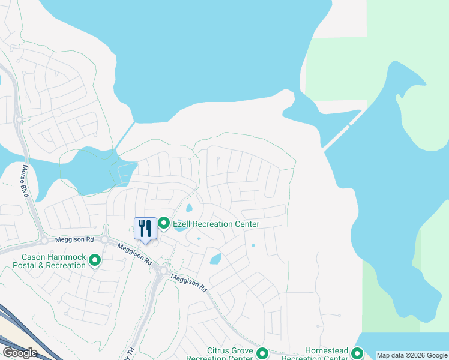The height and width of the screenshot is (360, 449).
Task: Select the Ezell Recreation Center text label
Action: [x=216, y=224]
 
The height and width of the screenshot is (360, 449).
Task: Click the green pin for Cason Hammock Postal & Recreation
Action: [x=94, y=260]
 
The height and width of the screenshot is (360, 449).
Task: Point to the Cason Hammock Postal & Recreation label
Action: [x=50, y=261]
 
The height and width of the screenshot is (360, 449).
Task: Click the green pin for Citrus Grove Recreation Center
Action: [x=262, y=353]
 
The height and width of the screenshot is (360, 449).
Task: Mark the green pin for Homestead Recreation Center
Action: [x=357, y=353]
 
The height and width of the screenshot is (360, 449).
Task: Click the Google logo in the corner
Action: [x=19, y=353]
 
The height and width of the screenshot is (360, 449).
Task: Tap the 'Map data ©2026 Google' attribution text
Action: [x=412, y=355]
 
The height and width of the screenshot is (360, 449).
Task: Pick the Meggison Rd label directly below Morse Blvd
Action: [x=74, y=239]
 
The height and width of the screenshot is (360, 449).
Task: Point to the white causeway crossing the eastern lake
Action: [x=342, y=128]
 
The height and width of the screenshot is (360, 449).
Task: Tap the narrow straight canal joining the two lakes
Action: [x=125, y=136]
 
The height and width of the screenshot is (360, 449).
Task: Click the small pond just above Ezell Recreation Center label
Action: [x=189, y=209]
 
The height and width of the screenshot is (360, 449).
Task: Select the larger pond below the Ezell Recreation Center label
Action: [x=215, y=260]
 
